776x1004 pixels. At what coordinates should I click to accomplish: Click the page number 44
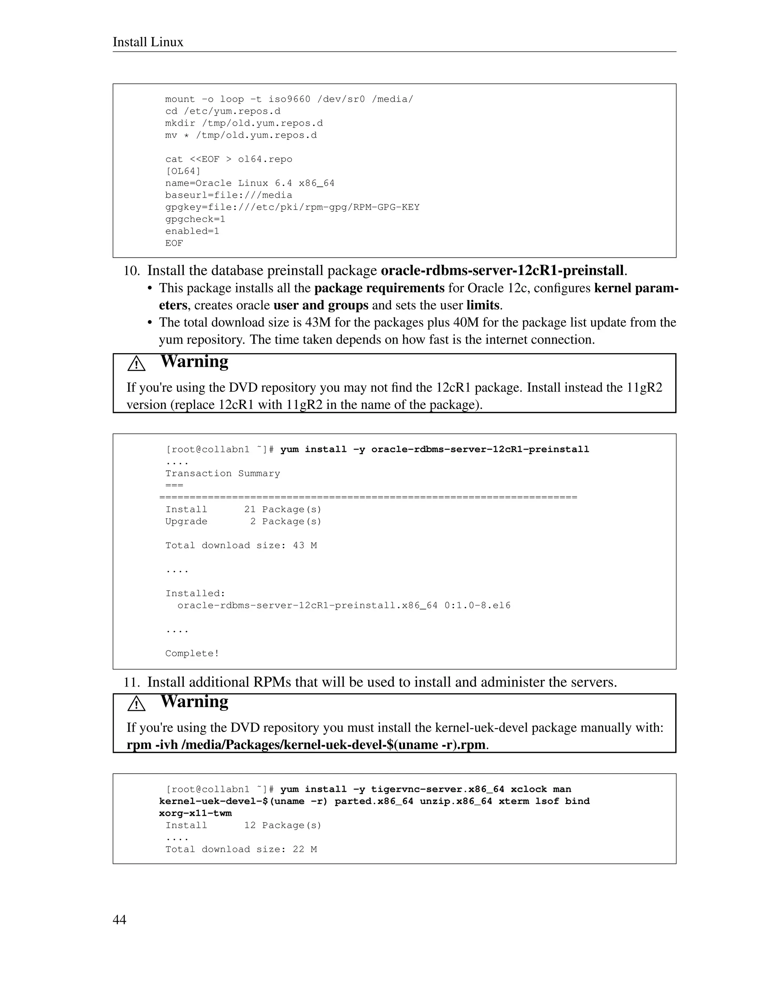119,920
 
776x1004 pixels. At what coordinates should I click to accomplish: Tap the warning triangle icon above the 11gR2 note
136,364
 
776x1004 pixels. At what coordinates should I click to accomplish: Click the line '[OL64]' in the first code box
183,171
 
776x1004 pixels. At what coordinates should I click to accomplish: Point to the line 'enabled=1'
192,231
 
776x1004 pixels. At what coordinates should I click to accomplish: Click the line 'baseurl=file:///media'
228,195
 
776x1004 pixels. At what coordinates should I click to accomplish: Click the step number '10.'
131,271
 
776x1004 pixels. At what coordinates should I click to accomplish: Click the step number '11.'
131,682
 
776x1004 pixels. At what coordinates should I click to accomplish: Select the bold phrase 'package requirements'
379,288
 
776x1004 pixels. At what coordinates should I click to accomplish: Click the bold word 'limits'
483,305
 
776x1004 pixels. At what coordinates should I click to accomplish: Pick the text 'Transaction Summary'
222,474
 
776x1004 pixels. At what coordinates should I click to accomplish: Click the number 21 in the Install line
250,509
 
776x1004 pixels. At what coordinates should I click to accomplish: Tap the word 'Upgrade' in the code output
186,521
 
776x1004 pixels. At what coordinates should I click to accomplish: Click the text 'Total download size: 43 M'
241,546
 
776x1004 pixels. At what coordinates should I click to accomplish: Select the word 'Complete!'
192,653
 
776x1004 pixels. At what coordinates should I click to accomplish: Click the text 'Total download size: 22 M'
241,849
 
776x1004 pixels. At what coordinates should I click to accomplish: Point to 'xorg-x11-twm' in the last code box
196,813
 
